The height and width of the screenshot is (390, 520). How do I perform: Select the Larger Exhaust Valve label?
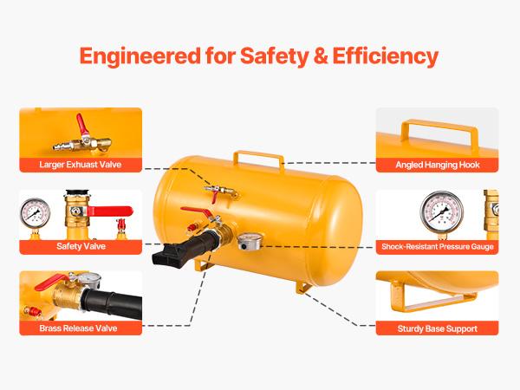click(x=80, y=165)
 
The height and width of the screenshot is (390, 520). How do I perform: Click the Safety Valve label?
click(x=80, y=247)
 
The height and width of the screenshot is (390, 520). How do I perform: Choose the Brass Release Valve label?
click(x=80, y=328)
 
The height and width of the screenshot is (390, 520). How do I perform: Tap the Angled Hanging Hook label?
click(x=437, y=165)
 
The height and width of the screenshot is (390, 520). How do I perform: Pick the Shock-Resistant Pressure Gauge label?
click(x=437, y=247)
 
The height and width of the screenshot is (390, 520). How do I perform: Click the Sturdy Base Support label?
click(x=437, y=328)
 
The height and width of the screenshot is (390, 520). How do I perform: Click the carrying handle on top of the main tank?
click(x=257, y=159)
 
